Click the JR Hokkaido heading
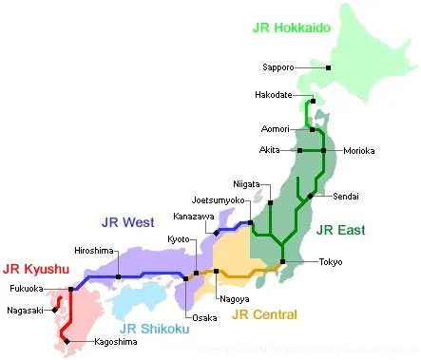tap(292, 28)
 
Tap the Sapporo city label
tap(278, 67)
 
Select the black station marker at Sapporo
tap(328, 67)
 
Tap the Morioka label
tap(358, 150)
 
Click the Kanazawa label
tap(192, 217)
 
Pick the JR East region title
tap(340, 229)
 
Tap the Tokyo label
tap(331, 261)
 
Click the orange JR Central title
tap(264, 314)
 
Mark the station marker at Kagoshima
tap(67, 340)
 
